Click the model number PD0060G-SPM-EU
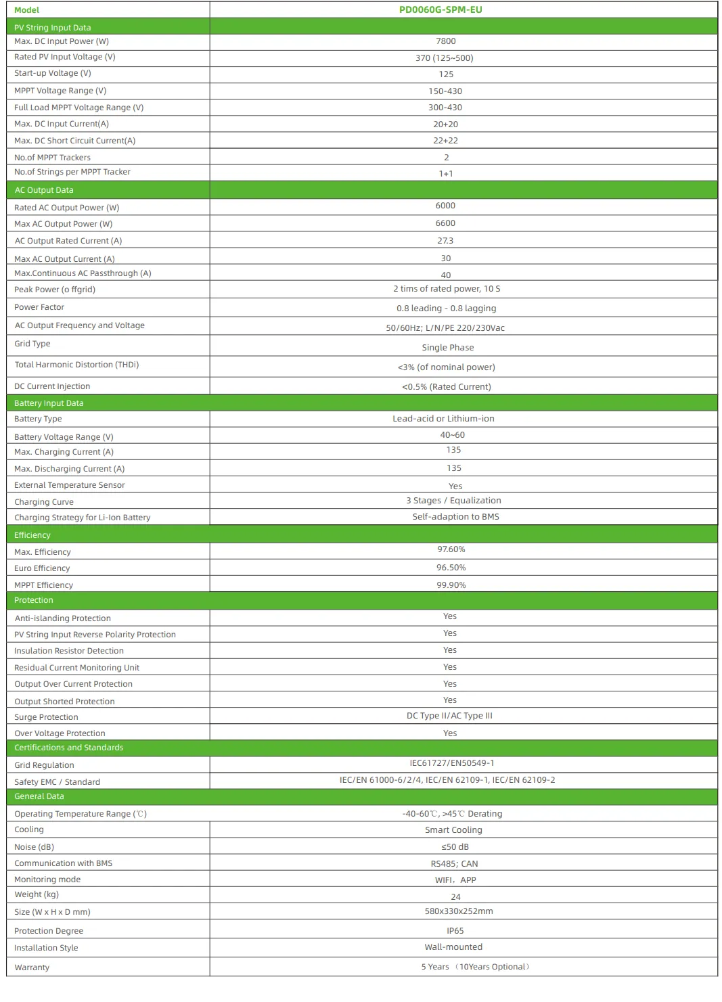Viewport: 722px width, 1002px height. point(441,9)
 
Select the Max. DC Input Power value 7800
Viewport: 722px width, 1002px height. point(445,41)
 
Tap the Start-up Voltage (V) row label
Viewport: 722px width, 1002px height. point(53,73)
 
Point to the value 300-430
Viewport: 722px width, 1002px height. point(445,108)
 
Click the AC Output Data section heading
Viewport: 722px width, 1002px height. point(44,190)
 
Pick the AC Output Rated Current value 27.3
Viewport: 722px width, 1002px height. point(445,241)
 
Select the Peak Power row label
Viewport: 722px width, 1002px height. point(55,290)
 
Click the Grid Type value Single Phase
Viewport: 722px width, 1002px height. point(448,348)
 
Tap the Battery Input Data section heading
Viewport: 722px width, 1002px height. point(49,403)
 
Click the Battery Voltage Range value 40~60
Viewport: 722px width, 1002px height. point(452,435)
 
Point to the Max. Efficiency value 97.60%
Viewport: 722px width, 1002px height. point(451,549)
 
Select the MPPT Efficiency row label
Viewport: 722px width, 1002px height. point(44,585)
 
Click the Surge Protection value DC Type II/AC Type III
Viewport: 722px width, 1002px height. point(449,716)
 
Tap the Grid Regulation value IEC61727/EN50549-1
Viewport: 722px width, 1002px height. point(451,763)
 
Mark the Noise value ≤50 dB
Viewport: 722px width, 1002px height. point(455,847)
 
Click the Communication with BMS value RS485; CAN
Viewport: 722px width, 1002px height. point(454,864)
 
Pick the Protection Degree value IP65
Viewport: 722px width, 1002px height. point(455,931)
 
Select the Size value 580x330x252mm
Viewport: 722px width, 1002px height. point(459,911)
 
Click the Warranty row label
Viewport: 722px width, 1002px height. point(32,967)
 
